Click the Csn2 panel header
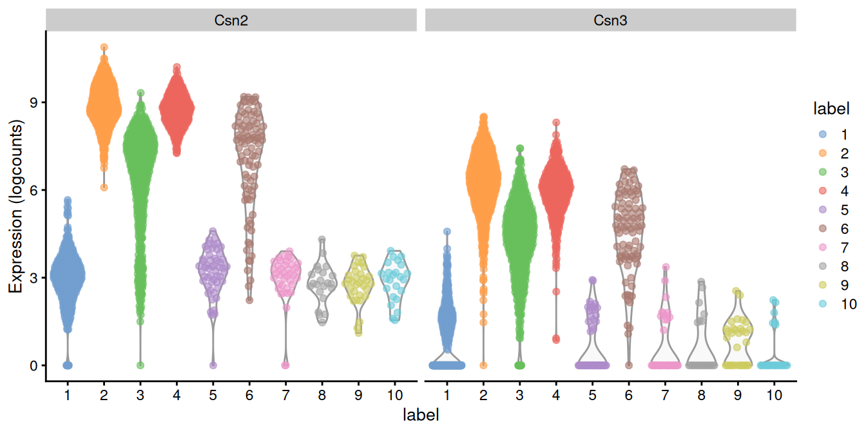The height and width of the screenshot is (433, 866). point(231,21)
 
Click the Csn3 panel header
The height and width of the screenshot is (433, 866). point(610,21)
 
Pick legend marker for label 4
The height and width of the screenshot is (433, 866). point(821,191)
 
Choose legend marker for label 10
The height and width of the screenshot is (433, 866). point(821,303)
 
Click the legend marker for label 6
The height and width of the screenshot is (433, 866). point(821,229)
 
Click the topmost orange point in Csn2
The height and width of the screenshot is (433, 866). point(104,48)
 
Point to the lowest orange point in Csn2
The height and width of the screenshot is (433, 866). point(104,188)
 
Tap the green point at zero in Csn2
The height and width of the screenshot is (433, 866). point(140,365)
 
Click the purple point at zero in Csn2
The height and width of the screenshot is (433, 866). point(213,365)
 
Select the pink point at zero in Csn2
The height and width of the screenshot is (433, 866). point(285,365)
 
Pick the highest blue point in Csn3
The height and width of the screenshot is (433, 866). point(447,231)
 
